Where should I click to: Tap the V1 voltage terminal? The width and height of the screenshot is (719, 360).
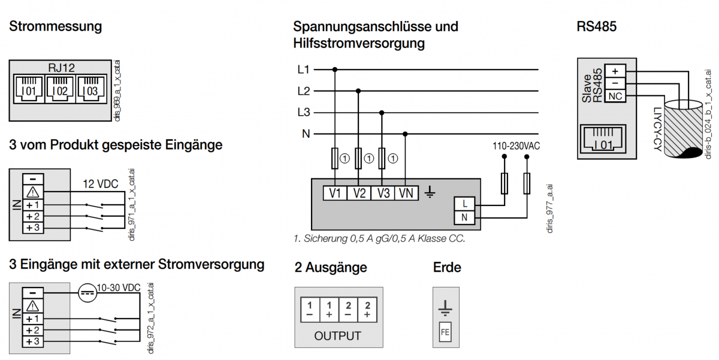point(335,193)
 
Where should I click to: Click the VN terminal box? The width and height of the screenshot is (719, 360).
point(406,193)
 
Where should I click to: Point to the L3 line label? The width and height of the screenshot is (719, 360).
point(304,113)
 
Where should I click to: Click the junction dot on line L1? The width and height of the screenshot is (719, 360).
point(335,69)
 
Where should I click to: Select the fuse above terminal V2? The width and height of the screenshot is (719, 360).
point(358,159)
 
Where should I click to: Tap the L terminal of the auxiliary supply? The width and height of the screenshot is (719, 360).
point(465,204)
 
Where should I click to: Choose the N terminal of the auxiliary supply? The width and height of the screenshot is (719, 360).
point(465,217)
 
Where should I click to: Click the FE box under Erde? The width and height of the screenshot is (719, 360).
point(445,332)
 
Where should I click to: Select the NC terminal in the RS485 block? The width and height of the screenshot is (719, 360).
point(615,96)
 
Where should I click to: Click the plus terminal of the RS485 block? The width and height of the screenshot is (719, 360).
point(615,70)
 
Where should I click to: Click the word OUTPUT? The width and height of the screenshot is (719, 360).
point(338,335)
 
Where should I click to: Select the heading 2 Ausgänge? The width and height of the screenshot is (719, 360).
point(331,268)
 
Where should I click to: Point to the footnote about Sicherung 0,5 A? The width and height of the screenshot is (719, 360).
point(379,238)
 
